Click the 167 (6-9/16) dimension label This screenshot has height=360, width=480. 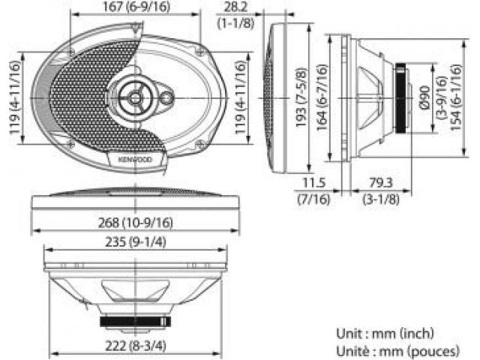[136, 7]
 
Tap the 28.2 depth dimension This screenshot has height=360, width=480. [235, 7]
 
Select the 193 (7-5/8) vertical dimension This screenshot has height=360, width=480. [301, 97]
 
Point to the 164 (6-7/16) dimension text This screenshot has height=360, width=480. [322, 97]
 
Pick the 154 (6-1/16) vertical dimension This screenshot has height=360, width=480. [455, 97]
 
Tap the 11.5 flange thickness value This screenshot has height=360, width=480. [313, 183]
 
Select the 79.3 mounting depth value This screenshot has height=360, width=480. [381, 183]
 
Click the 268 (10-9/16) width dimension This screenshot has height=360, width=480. [135, 223]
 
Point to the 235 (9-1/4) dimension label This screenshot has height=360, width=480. [136, 242]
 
